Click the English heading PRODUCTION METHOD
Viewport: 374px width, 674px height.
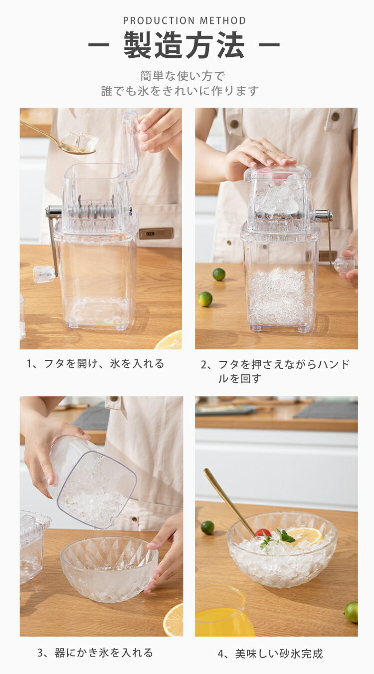click(185, 20)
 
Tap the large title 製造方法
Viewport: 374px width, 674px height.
click(184, 45)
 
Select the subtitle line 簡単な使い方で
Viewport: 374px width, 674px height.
click(183, 76)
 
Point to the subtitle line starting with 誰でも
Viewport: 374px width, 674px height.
click(180, 91)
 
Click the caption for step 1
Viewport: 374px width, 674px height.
click(95, 364)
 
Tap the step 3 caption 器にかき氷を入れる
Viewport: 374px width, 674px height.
click(95, 653)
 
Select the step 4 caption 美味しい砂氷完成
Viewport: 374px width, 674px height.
click(270, 654)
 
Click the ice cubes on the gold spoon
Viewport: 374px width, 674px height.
click(80, 142)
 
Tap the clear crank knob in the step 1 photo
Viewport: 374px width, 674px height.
click(44, 274)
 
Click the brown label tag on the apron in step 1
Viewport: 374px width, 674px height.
click(156, 233)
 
